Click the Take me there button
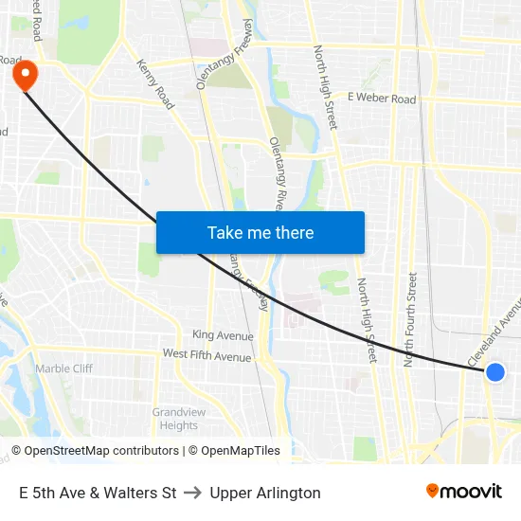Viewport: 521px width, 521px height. pos(260,232)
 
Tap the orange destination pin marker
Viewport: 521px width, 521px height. pos(21,74)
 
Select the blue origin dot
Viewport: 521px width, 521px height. pos(494,372)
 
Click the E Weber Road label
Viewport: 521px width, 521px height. pos(382,99)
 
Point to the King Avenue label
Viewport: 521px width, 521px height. pos(223,335)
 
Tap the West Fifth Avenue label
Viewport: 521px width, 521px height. pos(207,355)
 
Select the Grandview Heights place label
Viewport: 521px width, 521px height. pos(175,419)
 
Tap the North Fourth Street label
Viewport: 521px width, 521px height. pos(409,320)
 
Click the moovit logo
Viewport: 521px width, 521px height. pos(464,491)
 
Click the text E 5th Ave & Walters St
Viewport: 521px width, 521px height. pos(98,493)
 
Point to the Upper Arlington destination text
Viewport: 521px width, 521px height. pos(265,493)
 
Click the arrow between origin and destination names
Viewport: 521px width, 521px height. pos(193,493)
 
